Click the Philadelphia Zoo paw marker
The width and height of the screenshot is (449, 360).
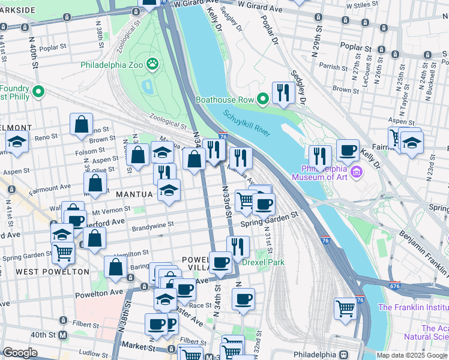tap(154, 62)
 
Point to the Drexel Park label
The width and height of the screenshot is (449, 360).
tap(263, 262)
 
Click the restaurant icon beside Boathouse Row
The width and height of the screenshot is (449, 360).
tap(282, 92)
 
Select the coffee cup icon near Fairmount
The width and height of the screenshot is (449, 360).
tap(347, 150)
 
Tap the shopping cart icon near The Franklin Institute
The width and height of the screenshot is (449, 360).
tap(345, 308)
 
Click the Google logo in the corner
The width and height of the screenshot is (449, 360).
tap(20, 353)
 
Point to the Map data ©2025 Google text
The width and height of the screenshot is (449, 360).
tap(411, 355)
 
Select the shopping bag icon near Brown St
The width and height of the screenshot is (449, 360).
tap(81, 124)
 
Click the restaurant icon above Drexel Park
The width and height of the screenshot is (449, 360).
tap(238, 246)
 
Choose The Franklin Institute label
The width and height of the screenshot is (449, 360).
tap(413, 308)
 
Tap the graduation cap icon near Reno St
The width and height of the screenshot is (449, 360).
tap(17, 143)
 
